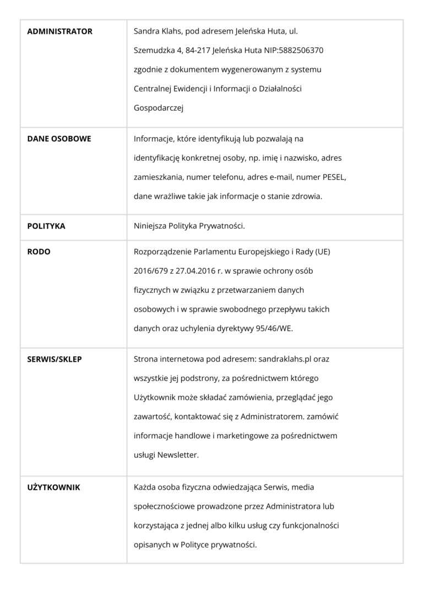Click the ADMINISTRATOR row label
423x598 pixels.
pyautogui.click(x=60, y=31)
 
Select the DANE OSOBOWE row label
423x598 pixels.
pyautogui.click(x=59, y=139)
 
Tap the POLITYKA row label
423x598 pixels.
pyautogui.click(x=46, y=226)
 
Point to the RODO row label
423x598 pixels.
pyautogui.click(x=39, y=252)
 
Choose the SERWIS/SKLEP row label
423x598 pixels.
pyautogui.click(x=55, y=359)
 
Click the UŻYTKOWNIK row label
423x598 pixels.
pyautogui.click(x=54, y=487)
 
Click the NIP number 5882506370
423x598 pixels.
pyautogui.click(x=302, y=51)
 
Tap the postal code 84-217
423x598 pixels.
pyautogui.click(x=197, y=51)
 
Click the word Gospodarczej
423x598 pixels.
pyautogui.click(x=159, y=108)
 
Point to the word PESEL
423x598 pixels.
pyautogui.click(x=334, y=177)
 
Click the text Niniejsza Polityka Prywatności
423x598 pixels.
pyautogui.click(x=189, y=226)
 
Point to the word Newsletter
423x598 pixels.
pyautogui.click(x=178, y=455)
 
